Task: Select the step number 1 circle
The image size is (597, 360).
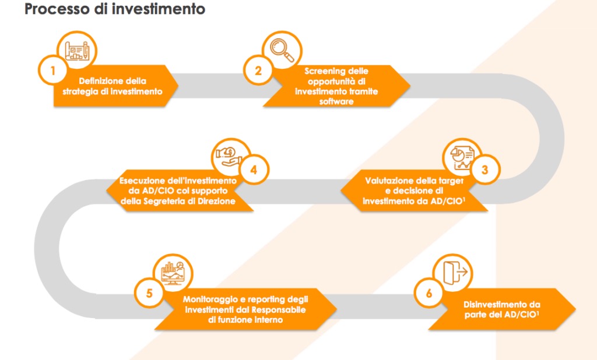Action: (x=53, y=72)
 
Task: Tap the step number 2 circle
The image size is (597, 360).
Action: (x=258, y=71)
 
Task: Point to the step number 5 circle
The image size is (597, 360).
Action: (x=149, y=294)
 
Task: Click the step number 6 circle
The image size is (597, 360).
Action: (x=430, y=294)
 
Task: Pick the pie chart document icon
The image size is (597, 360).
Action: (x=460, y=157)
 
